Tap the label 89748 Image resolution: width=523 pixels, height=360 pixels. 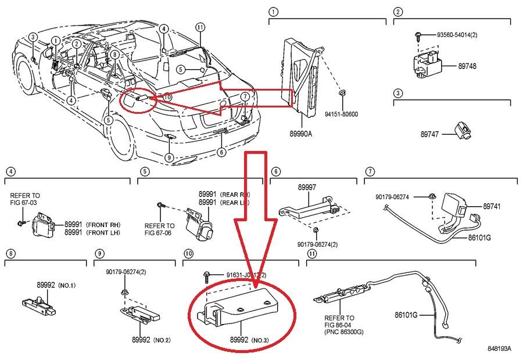point(467,67)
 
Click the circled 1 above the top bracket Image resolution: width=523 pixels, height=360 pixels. point(274,12)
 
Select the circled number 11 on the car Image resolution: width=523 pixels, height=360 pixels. point(200,27)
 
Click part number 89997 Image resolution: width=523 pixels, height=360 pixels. point(307,188)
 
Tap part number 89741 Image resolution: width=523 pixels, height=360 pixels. point(491,206)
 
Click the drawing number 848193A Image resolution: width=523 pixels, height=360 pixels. point(499,348)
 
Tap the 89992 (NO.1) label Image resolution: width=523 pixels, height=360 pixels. point(56,285)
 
